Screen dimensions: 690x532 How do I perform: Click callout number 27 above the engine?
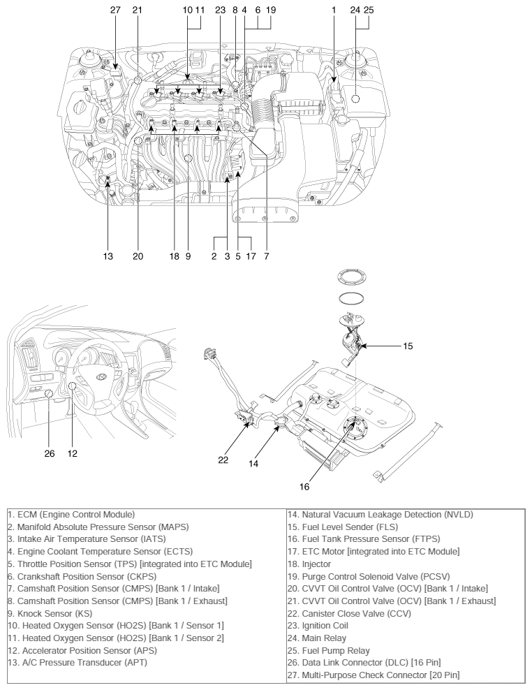tap(115, 10)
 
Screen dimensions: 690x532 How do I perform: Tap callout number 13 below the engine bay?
tap(108, 256)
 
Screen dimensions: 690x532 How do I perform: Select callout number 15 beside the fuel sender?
tap(408, 345)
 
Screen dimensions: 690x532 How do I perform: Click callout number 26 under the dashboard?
tap(49, 453)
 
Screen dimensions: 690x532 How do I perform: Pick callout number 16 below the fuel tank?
tap(304, 487)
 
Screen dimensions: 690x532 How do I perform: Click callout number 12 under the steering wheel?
tap(73, 453)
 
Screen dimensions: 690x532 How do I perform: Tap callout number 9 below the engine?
tap(188, 256)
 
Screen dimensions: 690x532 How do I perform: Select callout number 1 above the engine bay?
tap(334, 10)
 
